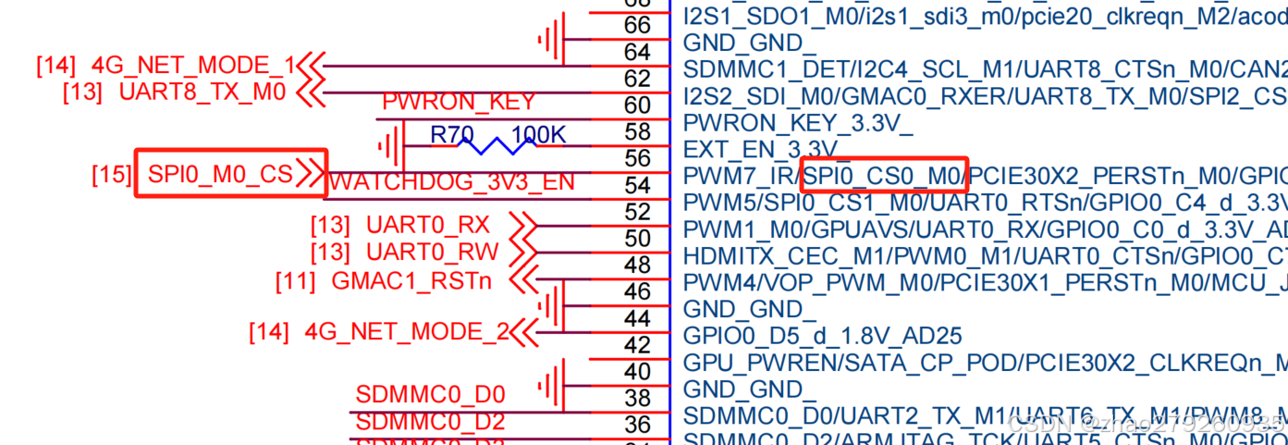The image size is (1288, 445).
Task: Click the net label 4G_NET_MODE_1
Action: pos(192,66)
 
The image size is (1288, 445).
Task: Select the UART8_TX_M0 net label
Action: pos(202,93)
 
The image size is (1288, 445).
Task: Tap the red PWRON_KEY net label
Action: pos(459,103)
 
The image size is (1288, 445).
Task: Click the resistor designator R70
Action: pos(452,135)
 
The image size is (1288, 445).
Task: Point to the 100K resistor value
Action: pos(538,135)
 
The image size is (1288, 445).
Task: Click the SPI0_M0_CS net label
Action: pos(220,174)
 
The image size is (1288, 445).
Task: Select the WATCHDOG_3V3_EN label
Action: pos(452,182)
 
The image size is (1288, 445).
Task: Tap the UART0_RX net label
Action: pos(427,225)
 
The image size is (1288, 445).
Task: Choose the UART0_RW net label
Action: pos(432,252)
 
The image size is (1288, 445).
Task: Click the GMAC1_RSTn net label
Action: pos(411,281)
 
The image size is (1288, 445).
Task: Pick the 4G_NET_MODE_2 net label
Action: pos(407,331)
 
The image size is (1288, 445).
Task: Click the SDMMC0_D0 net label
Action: pos(430,396)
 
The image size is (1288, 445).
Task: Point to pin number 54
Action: pos(637,186)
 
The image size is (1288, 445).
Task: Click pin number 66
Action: pos(637,25)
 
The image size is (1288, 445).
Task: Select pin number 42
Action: pos(637,345)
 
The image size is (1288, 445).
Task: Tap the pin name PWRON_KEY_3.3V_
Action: pos(797,122)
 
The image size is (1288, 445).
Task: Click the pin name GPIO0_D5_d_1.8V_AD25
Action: pos(822,335)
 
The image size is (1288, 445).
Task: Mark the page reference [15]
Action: pos(111,174)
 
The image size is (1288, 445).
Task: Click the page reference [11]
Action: pos(295,281)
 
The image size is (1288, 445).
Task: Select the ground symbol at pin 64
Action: pos(551,40)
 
